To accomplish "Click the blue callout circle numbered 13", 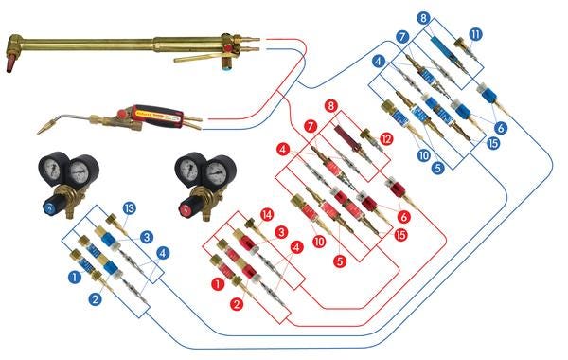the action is pyautogui.click(x=129, y=208).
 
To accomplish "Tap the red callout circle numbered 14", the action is pyautogui.click(x=267, y=215).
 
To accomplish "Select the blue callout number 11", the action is pyautogui.click(x=475, y=35).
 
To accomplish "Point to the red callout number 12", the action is pyautogui.click(x=386, y=139).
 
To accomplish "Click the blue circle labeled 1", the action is pyautogui.click(x=75, y=278).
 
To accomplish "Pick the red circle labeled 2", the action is pyautogui.click(x=237, y=304).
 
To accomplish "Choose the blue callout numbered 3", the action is pyautogui.click(x=147, y=238).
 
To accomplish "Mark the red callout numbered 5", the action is pyautogui.click(x=340, y=261).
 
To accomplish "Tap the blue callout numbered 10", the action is pyautogui.click(x=423, y=155).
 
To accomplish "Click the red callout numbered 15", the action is pyautogui.click(x=400, y=235).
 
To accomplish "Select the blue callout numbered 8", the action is pyautogui.click(x=423, y=18).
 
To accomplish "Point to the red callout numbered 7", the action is pyautogui.click(x=311, y=127).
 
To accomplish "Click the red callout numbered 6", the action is pyautogui.click(x=403, y=217).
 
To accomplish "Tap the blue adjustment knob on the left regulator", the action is pyautogui.click(x=49, y=208).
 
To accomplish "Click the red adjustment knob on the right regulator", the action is pyautogui.click(x=186, y=209).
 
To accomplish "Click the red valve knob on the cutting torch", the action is pyautogui.click(x=228, y=48).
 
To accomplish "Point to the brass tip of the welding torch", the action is pyautogui.click(x=44, y=127).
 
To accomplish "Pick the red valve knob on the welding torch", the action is pyautogui.click(x=121, y=114).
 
